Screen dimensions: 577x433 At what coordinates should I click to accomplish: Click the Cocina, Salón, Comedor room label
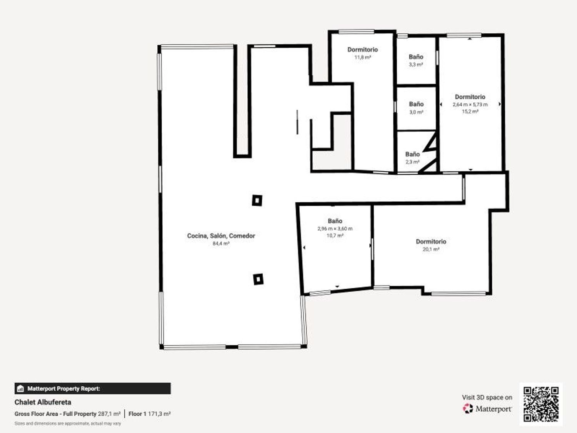pos(221,236)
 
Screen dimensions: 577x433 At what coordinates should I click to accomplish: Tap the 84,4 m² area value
pos(221,244)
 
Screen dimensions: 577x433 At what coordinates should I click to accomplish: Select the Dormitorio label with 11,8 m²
pos(362,49)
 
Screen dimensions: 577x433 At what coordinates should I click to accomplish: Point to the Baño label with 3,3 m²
pos(416,57)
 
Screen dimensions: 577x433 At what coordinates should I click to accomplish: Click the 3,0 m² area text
pos(416,112)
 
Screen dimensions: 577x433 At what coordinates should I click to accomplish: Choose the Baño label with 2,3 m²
pos(412,154)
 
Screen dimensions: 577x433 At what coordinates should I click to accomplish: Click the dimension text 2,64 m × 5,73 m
pos(470,104)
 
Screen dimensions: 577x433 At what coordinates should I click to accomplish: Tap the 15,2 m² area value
pos(470,112)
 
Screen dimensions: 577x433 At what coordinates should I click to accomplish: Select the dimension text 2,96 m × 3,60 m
pos(335,229)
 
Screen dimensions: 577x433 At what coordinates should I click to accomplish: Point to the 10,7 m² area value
pos(335,236)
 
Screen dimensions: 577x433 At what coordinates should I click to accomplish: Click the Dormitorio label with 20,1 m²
pos(431,241)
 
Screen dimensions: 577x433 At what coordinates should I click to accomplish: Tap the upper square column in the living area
pos(257,201)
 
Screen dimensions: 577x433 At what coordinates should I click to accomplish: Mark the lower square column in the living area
pos(258,279)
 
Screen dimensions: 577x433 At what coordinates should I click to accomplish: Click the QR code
pos(541,404)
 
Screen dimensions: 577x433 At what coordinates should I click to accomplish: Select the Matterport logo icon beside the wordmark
pos(468,409)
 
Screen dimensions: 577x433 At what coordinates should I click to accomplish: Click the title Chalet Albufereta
pos(43,402)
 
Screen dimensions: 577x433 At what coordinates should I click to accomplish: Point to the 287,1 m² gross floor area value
pos(109,414)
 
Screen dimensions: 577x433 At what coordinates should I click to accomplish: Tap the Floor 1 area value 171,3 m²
pos(159,414)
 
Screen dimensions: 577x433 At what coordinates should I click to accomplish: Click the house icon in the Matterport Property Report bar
pos(20,389)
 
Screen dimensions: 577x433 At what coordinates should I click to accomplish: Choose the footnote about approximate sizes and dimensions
pos(68,423)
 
